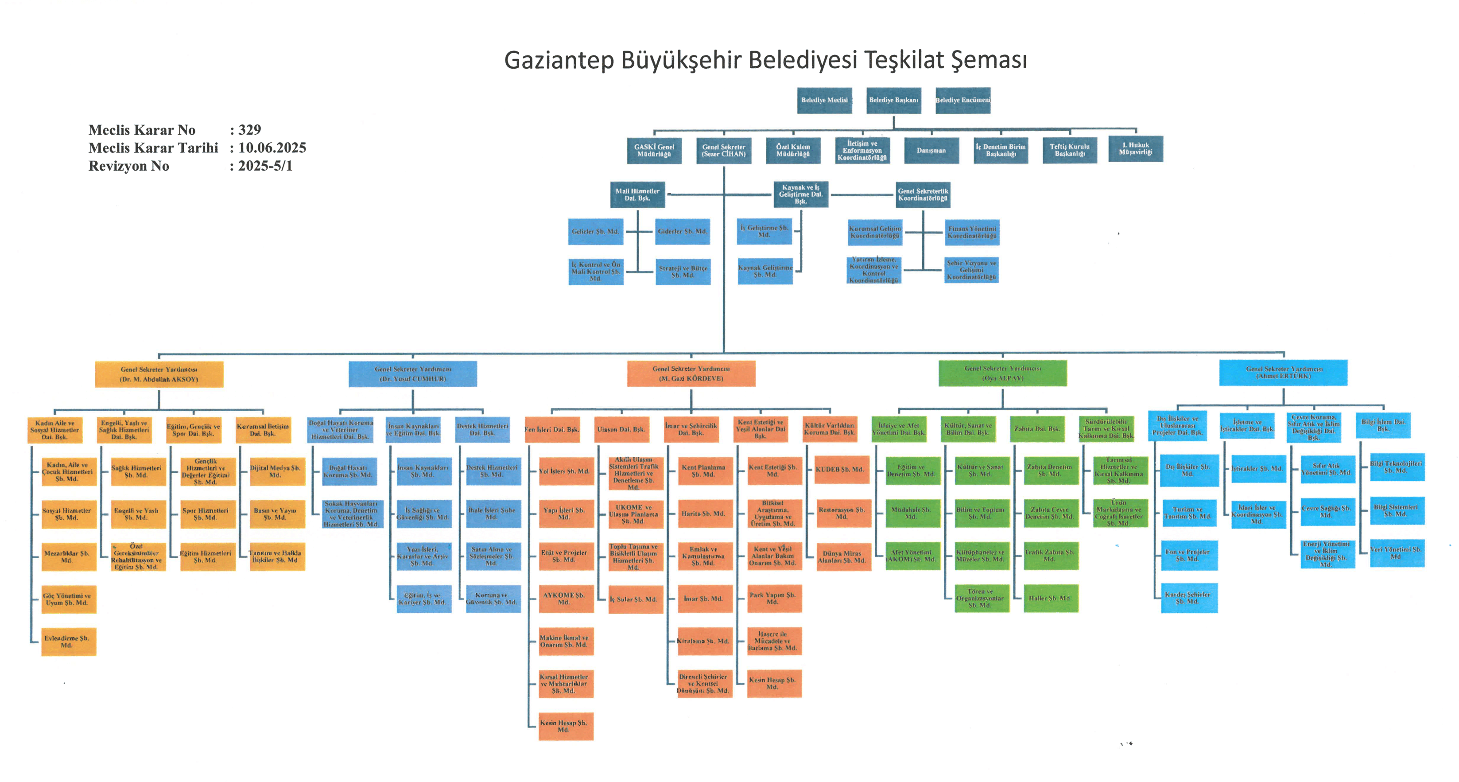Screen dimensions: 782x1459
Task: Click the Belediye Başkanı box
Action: coord(893,100)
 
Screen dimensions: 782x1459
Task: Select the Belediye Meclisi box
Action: coord(824,100)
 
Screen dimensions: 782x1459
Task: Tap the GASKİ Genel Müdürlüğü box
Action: coord(654,151)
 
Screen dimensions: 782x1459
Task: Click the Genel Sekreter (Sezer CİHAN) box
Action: coord(723,151)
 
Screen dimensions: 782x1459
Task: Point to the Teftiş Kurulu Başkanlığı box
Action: coord(1069,150)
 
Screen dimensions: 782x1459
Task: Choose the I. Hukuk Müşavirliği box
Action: coord(1135,148)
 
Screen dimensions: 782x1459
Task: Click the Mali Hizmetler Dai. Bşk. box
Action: coord(637,195)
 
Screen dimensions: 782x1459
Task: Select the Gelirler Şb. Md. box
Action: coord(595,232)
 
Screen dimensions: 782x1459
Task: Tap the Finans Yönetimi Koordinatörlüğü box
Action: coord(972,232)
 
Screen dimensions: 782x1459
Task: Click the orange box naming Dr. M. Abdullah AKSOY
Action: coord(159,374)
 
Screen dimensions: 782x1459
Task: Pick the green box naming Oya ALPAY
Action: coord(1002,373)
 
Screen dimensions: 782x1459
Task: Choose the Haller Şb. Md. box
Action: coord(1050,599)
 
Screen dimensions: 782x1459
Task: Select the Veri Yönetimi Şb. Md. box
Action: coord(1396,553)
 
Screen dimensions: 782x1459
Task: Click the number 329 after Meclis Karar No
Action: coord(249,130)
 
